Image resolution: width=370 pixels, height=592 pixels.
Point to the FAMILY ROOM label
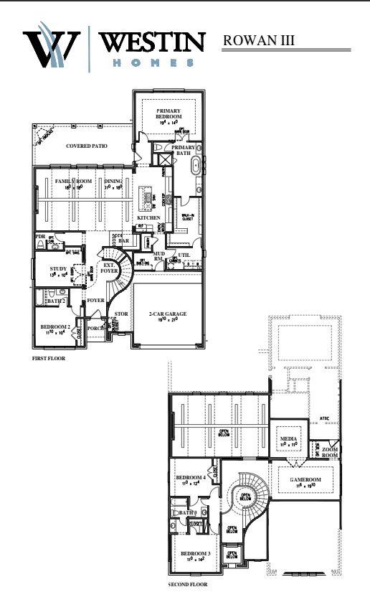pyautogui.click(x=75, y=182)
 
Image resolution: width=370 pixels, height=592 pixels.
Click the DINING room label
pyautogui.click(x=113, y=182)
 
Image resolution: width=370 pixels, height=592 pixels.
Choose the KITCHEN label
pyautogui.click(x=149, y=217)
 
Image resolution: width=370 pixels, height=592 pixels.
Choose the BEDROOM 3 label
pyautogui.click(x=194, y=554)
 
